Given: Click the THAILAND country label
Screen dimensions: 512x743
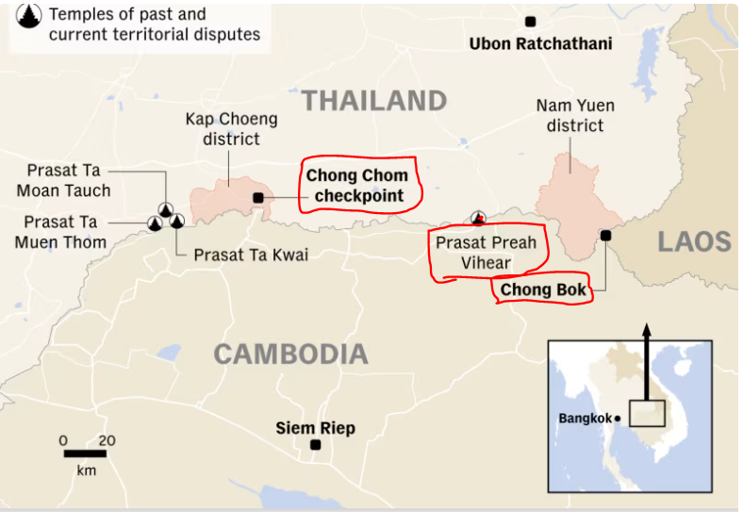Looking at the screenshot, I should point(373,101).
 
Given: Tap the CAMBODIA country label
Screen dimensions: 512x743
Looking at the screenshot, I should point(290,355).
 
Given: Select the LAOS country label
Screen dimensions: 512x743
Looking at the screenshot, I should point(694,241).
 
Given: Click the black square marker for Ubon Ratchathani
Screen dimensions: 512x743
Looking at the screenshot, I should point(531,21).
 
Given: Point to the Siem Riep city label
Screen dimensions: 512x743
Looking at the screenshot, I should point(315,428).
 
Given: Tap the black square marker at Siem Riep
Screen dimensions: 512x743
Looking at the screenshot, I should point(315,445).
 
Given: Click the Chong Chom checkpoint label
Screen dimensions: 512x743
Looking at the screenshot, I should point(357,186).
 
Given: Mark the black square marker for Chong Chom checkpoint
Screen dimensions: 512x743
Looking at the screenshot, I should point(258,197).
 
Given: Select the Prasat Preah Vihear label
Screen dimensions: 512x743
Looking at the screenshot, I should point(486,253).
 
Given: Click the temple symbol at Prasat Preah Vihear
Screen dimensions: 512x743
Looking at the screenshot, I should point(478,219).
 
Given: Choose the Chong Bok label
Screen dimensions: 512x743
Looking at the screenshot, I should point(543,289).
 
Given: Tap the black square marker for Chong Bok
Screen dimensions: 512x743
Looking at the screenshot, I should point(605,236).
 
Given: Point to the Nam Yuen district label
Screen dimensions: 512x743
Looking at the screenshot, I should point(570,116).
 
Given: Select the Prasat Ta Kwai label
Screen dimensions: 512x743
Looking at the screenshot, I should point(251,256).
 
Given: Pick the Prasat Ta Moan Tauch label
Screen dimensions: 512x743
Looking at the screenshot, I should point(63,180).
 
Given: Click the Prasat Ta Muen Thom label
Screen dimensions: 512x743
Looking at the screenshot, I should point(60,232).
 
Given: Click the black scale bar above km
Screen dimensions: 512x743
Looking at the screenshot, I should point(85,454).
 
